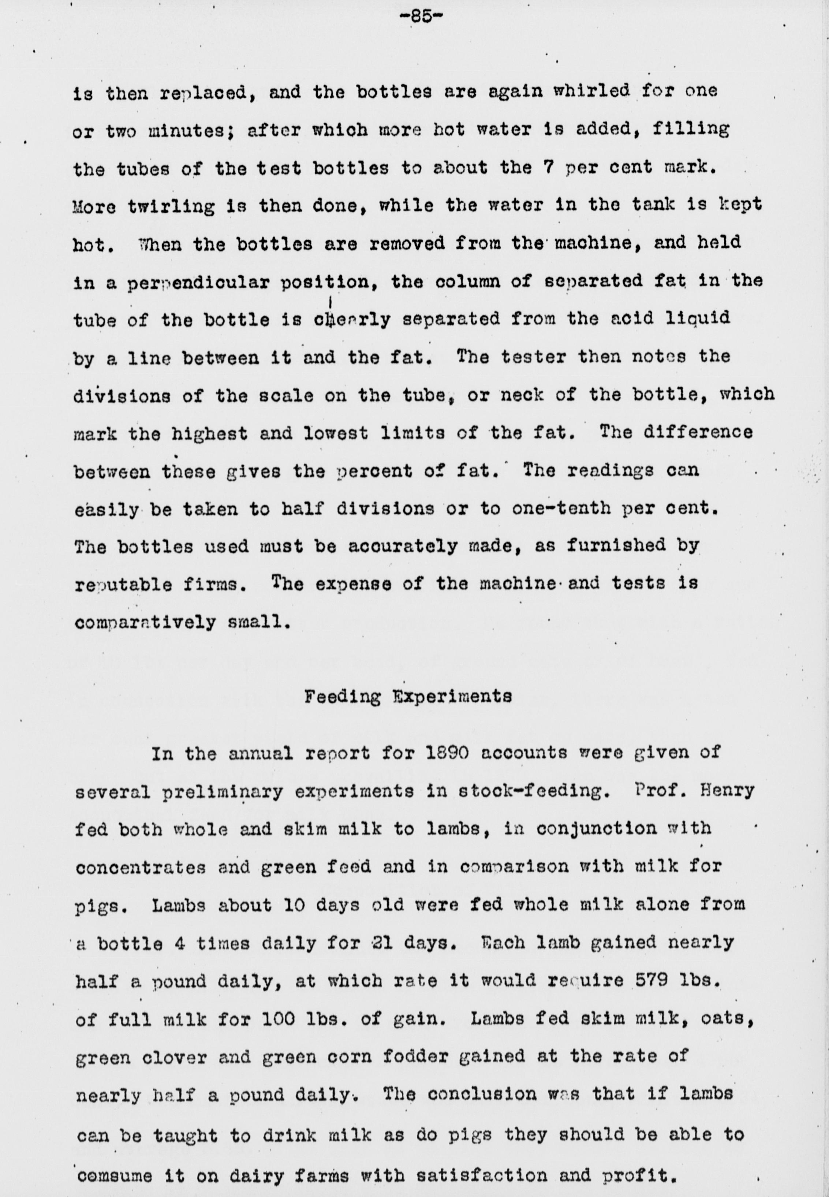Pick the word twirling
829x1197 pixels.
coord(171,206)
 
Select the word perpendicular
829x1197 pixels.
coord(199,283)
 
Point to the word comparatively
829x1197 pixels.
coord(145,622)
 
